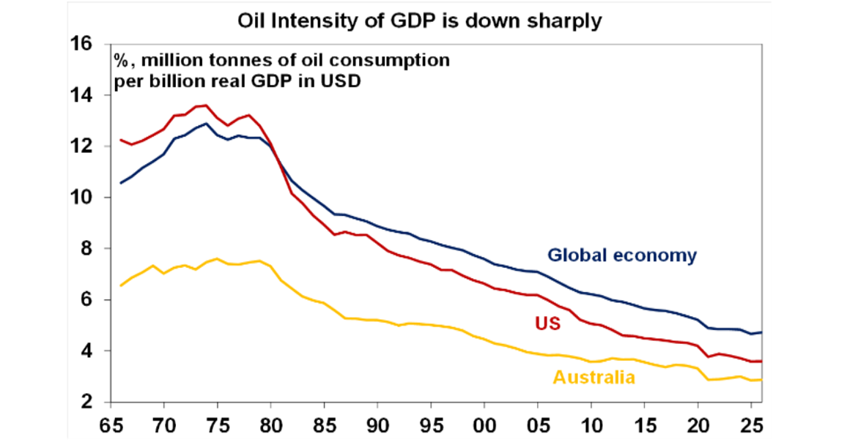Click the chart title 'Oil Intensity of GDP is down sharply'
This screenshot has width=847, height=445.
(420, 20)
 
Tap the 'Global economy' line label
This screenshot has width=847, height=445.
(621, 255)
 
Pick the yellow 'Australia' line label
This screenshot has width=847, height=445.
(593, 378)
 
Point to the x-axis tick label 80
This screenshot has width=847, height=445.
(270, 425)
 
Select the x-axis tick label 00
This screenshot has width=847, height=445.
(484, 425)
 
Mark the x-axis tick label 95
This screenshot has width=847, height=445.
(431, 425)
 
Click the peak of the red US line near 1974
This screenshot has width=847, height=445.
(206, 105)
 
